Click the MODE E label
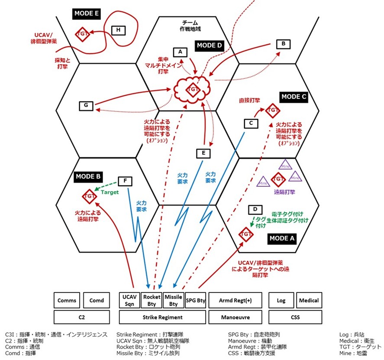pyautogui.click(x=86, y=13)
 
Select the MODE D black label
pyautogui.click(x=209, y=45)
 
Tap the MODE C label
pyautogui.click(x=293, y=97)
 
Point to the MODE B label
pyautogui.click(x=88, y=176)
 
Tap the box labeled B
pyautogui.click(x=283, y=44)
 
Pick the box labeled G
pyautogui.click(x=86, y=105)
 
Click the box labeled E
pyautogui.click(x=203, y=153)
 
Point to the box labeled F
pyautogui.click(x=125, y=181)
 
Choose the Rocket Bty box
pyautogui.click(x=152, y=300)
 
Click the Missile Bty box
pyautogui.click(x=174, y=300)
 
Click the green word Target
pyautogui.click(x=110, y=192)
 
